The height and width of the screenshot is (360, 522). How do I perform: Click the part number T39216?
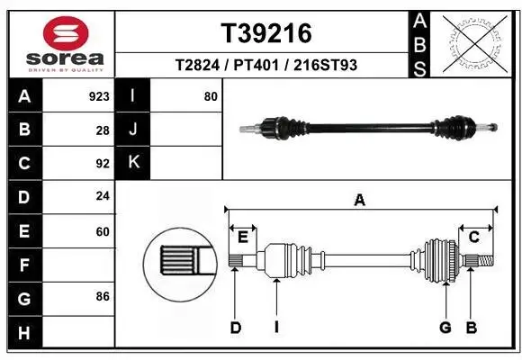tap(266, 33)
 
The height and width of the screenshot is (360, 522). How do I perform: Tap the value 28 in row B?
tap(103, 130)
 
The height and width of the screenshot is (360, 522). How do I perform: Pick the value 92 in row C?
tap(102, 164)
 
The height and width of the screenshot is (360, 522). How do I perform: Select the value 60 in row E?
tap(102, 231)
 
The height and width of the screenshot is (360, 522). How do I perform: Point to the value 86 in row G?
tap(102, 295)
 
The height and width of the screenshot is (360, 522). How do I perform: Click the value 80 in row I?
tap(211, 96)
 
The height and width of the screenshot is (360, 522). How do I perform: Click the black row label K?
tap(133, 163)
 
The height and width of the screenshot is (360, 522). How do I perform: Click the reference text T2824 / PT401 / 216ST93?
tap(266, 66)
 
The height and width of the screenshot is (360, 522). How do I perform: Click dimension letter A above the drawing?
tap(360, 201)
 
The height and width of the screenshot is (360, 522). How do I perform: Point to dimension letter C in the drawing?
tap(473, 237)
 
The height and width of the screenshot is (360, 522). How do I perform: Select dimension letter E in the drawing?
tap(243, 237)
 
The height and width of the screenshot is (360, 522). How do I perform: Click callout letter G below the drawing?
tap(445, 328)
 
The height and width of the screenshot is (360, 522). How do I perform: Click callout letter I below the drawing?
tap(276, 328)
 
